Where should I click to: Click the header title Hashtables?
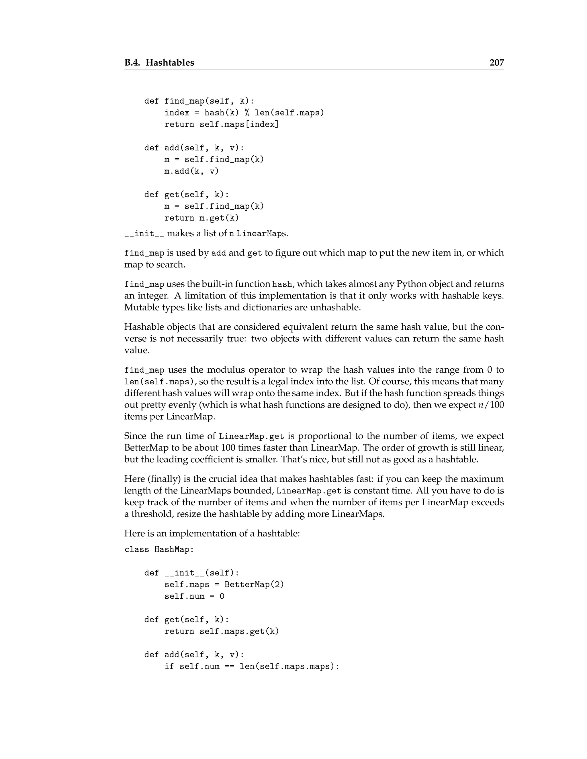point(170,62)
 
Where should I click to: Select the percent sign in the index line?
point(246,113)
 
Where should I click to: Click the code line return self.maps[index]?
point(221,124)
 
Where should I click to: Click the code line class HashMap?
point(159,549)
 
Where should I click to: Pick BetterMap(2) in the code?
point(254,585)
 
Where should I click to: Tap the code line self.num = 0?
point(194,596)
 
